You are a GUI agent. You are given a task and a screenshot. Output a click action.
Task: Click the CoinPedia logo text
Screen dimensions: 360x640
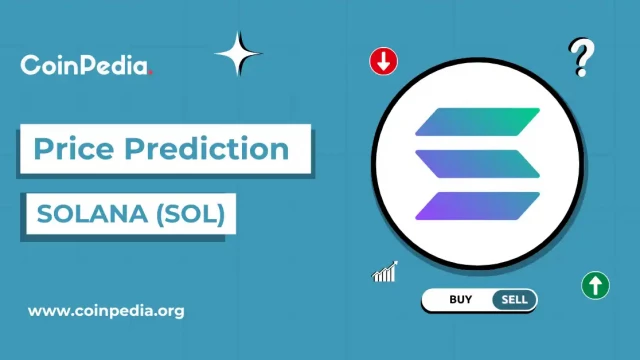click(85, 66)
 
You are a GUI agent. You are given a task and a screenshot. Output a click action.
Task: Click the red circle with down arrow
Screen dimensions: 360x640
click(384, 61)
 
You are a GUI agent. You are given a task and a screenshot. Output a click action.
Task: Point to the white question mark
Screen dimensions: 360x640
click(579, 58)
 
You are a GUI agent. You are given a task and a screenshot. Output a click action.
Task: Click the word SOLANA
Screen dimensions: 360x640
click(83, 213)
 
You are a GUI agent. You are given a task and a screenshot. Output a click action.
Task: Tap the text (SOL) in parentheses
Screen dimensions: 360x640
click(193, 213)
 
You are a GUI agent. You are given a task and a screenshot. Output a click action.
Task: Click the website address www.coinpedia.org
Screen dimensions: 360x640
click(106, 310)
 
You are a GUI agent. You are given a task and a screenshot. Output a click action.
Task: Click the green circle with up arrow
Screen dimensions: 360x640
click(596, 285)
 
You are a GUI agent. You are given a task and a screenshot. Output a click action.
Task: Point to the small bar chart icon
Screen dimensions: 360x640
click(385, 271)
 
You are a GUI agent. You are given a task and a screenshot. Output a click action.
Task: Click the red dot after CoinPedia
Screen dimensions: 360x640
click(150, 72)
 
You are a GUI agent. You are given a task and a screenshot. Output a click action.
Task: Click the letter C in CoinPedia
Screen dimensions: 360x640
click(30, 66)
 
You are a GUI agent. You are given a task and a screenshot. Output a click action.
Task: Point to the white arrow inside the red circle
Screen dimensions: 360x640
click(384, 61)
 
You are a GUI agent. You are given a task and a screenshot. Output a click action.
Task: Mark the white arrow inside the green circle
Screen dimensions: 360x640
click(596, 285)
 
